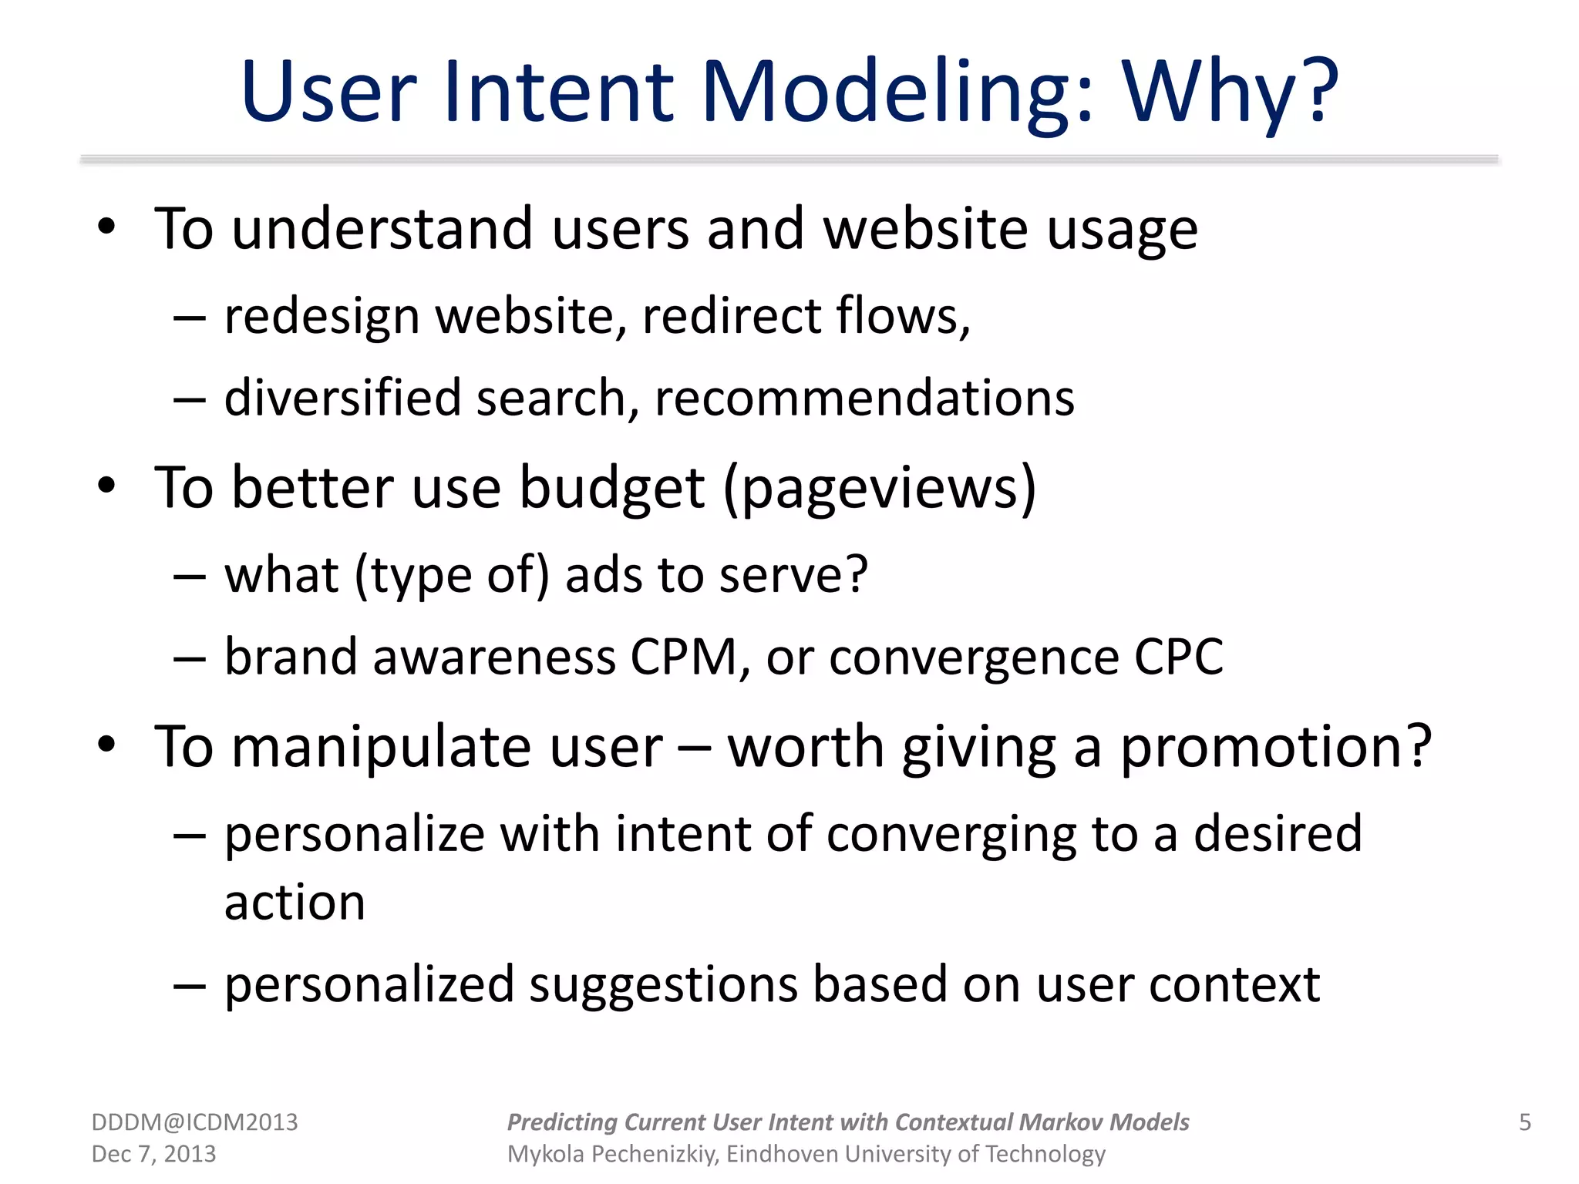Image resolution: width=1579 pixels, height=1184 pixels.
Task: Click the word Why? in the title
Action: point(1231,92)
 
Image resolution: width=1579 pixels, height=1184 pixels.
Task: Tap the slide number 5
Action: point(1524,1122)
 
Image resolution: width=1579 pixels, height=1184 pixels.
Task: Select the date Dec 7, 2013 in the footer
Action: point(153,1154)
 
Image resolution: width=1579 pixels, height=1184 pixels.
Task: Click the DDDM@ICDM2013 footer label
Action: point(194,1122)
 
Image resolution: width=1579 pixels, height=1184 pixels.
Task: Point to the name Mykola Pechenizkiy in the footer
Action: point(613,1154)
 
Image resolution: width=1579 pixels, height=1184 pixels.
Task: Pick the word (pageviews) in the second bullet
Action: point(880,488)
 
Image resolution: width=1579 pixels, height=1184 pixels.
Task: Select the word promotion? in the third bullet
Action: point(1276,748)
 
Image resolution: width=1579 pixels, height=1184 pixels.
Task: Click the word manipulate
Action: point(446,748)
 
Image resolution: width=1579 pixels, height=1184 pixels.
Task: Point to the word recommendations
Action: point(864,399)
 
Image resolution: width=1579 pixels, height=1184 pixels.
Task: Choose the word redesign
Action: point(322,318)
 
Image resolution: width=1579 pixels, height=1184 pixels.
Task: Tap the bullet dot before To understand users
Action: point(106,228)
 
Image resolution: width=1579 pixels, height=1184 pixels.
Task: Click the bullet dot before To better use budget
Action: point(106,487)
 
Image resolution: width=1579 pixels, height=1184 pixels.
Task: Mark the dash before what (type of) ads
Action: point(190,576)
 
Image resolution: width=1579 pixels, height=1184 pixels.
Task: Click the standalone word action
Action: point(295,903)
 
